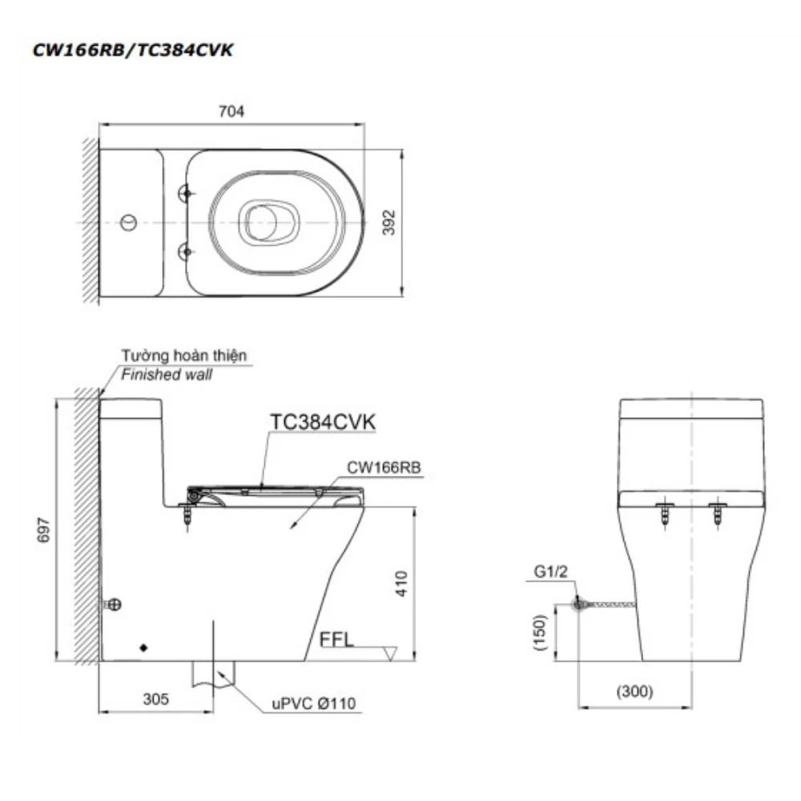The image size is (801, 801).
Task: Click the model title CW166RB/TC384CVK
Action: [133, 50]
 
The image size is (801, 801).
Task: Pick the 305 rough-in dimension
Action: [157, 698]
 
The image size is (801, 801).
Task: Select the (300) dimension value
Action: [635, 691]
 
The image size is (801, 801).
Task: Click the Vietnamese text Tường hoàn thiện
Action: [184, 356]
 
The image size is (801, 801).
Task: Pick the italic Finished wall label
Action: [167, 374]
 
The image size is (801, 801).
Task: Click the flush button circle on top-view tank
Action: [128, 221]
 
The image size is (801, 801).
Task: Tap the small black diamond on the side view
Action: [143, 646]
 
